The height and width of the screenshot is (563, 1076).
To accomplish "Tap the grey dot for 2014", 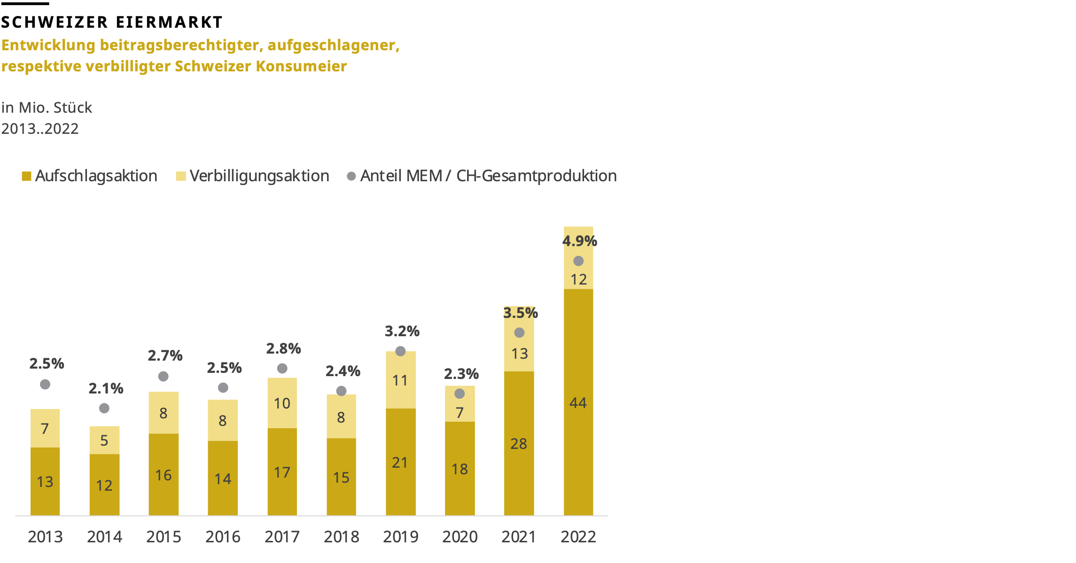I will (x=104, y=408).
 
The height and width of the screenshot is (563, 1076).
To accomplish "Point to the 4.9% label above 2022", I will (x=579, y=241).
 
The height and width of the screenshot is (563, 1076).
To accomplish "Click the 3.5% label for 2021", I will (x=520, y=313).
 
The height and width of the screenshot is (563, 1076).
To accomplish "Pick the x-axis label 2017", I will (x=282, y=536).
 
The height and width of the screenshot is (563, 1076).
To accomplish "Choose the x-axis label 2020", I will (x=460, y=536).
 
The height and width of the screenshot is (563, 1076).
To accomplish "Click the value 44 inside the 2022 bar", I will (x=578, y=403).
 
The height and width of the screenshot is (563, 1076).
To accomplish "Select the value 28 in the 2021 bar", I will (x=519, y=444).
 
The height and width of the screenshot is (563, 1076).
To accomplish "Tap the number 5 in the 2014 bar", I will (x=104, y=440).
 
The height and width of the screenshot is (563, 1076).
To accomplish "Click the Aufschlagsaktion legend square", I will (x=26, y=176).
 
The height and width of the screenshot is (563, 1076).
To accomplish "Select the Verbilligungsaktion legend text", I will (x=259, y=176).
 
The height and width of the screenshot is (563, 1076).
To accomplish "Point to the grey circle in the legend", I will (x=351, y=176).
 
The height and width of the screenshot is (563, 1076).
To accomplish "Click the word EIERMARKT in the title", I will (x=169, y=22).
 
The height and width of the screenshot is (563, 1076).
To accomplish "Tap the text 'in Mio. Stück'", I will (x=47, y=108).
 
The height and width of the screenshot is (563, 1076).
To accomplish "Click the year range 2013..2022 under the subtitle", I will (x=40, y=129).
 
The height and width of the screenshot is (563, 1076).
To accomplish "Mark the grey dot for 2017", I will (x=282, y=368).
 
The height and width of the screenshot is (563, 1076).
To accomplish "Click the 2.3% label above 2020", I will (x=461, y=374).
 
